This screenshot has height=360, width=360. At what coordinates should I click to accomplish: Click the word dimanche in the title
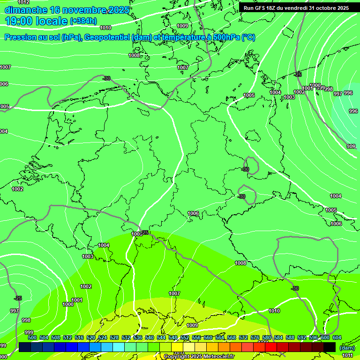pyautogui.click(x=26, y=10)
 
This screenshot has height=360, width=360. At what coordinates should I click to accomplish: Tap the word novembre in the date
pyautogui.click(x=88, y=10)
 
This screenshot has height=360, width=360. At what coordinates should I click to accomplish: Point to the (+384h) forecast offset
pyautogui.click(x=83, y=21)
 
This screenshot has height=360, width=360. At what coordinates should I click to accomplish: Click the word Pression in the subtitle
pyautogui.click(x=21, y=37)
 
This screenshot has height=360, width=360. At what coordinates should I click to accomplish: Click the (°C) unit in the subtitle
pyautogui.click(x=248, y=37)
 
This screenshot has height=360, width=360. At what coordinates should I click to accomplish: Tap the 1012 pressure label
pyautogui.click(x=23, y=2)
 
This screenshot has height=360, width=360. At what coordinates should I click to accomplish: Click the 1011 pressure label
pyautogui.click(x=347, y=356)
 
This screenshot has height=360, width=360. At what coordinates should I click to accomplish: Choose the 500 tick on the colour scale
pyautogui.click(x=32, y=337)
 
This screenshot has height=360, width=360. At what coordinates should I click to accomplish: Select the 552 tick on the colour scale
pyautogui.click(x=185, y=337)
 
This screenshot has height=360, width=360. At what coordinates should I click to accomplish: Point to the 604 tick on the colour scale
pyautogui.click(x=337, y=337)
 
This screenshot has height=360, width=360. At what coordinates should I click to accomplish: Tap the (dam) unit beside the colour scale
pyautogui.click(x=347, y=348)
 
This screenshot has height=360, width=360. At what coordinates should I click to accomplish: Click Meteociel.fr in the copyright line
pyautogui.click(x=216, y=357)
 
